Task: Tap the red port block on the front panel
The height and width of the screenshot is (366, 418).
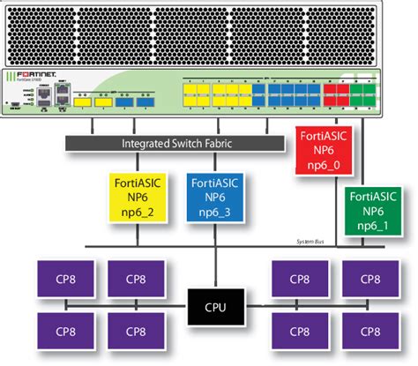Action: (335, 94)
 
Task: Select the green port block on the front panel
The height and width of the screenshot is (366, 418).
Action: (362, 94)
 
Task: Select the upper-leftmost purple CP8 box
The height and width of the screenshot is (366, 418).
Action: (57, 279)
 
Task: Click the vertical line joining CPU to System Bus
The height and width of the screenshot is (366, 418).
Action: (216, 268)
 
